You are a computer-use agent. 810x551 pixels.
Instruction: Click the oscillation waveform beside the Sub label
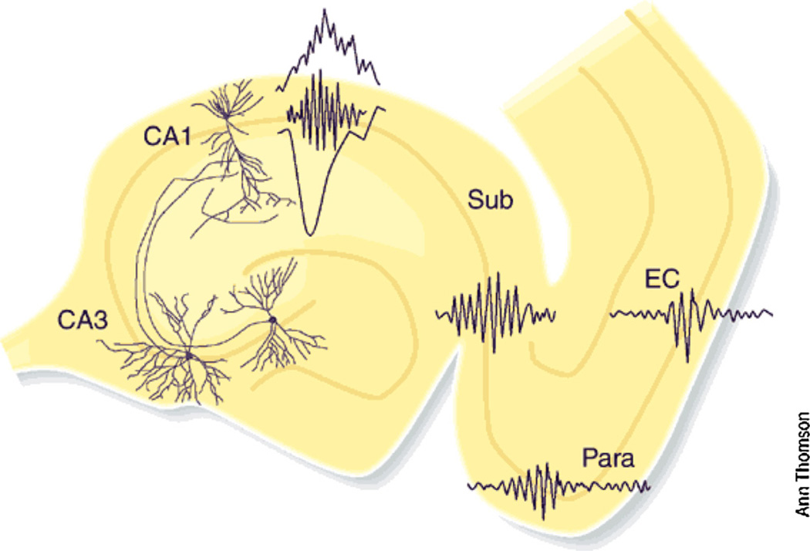[x=495, y=312]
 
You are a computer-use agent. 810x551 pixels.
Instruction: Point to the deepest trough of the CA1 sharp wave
[x=310, y=232]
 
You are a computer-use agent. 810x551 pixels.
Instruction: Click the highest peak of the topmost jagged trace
[x=325, y=11]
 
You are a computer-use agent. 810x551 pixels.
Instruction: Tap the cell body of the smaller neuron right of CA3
[x=272, y=319]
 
